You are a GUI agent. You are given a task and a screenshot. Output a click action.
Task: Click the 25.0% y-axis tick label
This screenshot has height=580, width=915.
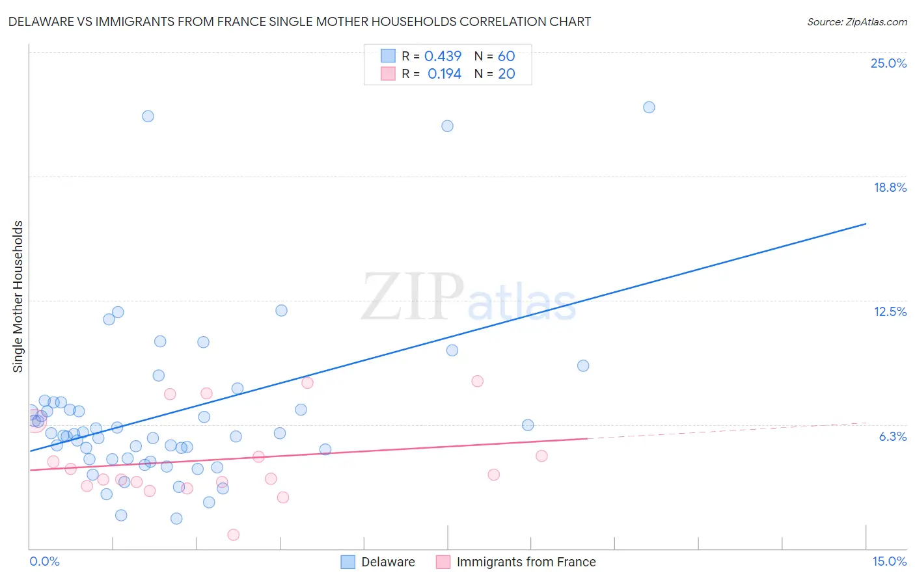pyautogui.click(x=888, y=63)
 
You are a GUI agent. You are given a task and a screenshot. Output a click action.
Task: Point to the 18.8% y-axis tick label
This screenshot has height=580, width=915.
pyautogui.click(x=890, y=187)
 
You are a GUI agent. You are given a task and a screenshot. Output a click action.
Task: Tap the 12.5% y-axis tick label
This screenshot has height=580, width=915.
pyautogui.click(x=890, y=311)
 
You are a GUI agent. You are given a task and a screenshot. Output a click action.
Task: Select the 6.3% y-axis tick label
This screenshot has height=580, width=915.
pyautogui.click(x=892, y=436)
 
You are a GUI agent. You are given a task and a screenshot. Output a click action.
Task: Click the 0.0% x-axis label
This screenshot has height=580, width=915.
pyautogui.click(x=44, y=561)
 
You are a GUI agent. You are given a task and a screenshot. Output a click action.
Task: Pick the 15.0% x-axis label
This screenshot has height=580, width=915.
pyautogui.click(x=889, y=561)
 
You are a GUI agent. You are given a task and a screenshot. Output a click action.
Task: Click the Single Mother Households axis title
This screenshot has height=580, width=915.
pyautogui.click(x=18, y=297)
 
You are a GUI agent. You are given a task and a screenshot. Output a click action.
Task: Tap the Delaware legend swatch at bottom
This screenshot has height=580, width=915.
pyautogui.click(x=348, y=562)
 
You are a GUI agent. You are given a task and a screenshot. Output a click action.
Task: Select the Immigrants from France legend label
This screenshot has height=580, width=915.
pyautogui.click(x=526, y=562)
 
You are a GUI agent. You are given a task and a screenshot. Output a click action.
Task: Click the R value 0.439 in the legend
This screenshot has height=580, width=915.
pyautogui.click(x=443, y=57)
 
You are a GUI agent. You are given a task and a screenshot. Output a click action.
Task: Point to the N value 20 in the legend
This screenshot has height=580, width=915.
pyautogui.click(x=506, y=74)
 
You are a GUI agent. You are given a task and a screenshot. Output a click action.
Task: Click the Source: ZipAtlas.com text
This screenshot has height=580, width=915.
pyautogui.click(x=856, y=21)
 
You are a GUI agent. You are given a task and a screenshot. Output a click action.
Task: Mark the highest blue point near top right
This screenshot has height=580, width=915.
pyautogui.click(x=649, y=107)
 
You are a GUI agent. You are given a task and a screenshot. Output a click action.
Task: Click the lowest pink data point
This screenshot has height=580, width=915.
pyautogui.click(x=233, y=534)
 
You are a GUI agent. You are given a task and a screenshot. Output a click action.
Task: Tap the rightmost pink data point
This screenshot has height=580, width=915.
pyautogui.click(x=541, y=456)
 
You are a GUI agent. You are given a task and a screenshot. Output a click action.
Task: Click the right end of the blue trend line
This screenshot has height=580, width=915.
pyautogui.click(x=866, y=224)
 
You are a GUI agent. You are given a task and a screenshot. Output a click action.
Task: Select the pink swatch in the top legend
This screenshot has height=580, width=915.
pyautogui.click(x=388, y=73)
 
